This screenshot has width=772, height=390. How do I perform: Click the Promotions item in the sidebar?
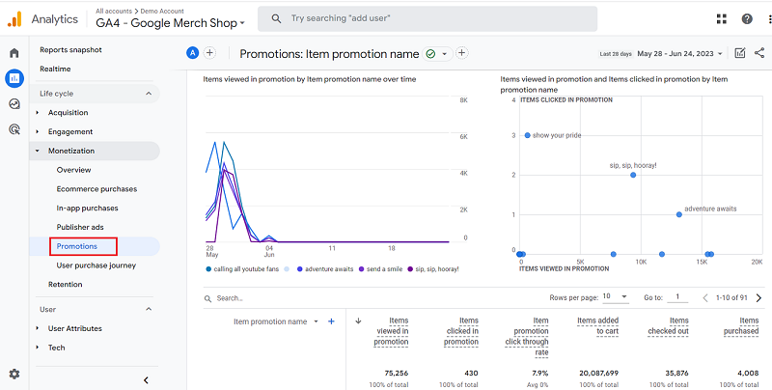pos(77,246)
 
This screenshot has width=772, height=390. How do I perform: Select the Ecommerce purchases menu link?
pos(96,189)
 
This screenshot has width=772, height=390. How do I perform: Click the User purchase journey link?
pos(96,265)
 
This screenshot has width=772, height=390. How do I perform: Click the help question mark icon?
pos(747,18)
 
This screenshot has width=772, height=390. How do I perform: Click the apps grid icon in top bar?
pos(722,18)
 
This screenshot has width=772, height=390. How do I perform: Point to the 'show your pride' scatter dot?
pos(528,135)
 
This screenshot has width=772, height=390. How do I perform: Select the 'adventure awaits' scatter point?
pos(678,214)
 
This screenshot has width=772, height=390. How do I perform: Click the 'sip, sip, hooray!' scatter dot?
pos(633,175)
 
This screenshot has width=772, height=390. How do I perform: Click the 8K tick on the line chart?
pos(463,100)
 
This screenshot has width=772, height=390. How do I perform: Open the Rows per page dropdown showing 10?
pos(616,297)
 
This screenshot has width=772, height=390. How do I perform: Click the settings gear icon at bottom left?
pos(14,374)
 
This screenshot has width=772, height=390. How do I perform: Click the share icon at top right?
pos(758,54)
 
